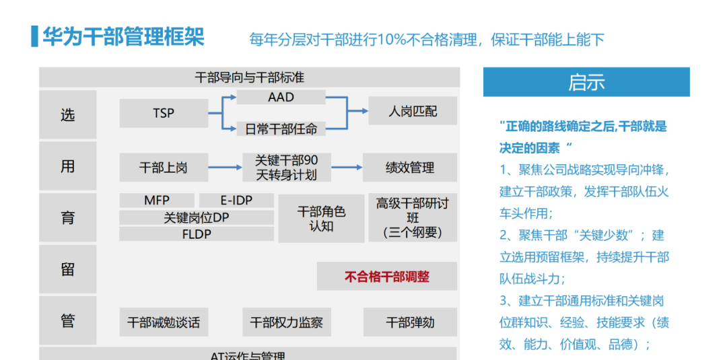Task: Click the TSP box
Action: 164,113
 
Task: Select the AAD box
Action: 281,97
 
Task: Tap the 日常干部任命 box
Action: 281,128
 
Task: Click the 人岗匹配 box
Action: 412,111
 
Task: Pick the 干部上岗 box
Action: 164,168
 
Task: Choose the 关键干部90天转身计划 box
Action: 286,168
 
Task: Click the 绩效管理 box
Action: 409,168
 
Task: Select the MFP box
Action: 157,201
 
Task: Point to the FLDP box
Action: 197,234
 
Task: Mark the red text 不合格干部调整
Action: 386,276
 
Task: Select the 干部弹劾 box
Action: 409,322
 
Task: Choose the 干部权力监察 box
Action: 286,322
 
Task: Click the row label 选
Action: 67,115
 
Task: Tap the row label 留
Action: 67,269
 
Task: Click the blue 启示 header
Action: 586,82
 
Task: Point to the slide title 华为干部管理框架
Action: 123,36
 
